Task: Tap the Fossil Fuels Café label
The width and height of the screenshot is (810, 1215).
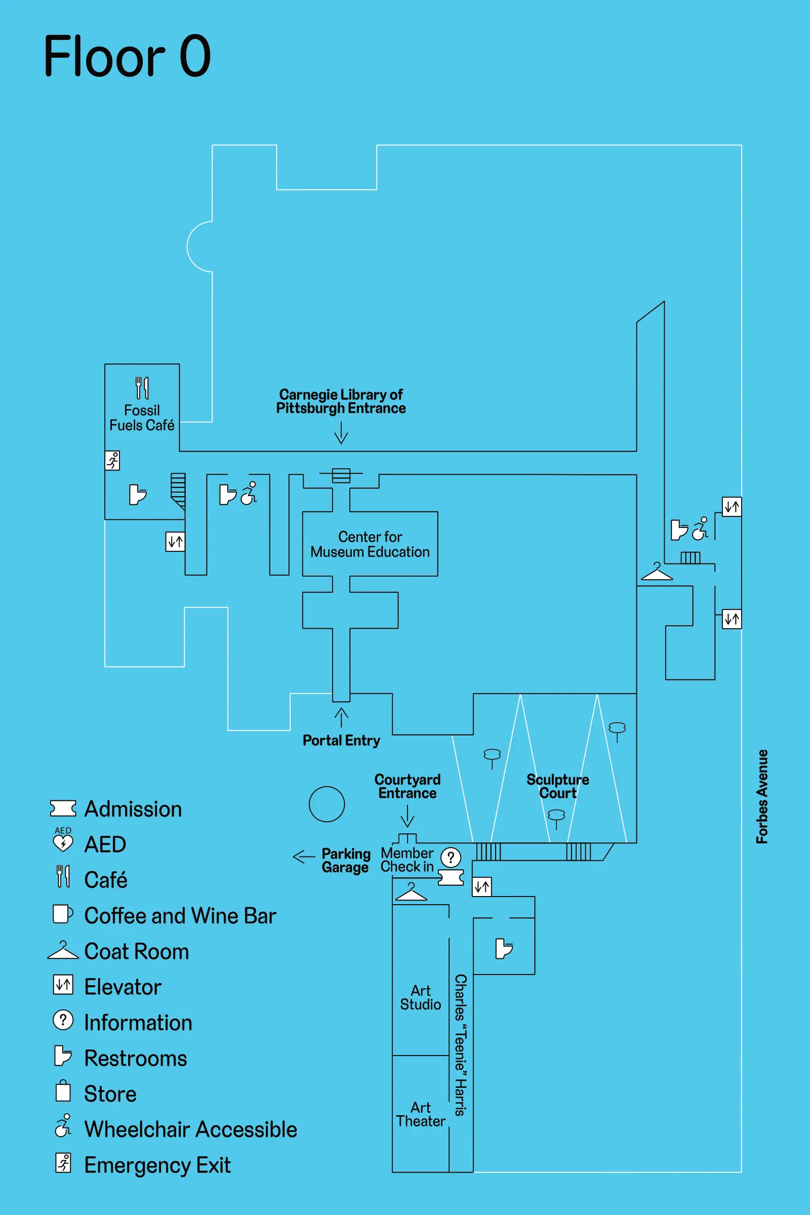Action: [142, 417]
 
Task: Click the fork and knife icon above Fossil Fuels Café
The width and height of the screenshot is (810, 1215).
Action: [142, 388]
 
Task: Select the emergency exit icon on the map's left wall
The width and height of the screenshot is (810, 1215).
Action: [112, 460]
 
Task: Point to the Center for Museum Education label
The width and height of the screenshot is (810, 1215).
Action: [370, 544]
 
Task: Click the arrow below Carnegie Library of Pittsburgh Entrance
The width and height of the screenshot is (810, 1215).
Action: [341, 432]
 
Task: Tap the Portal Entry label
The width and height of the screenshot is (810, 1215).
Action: [341, 740]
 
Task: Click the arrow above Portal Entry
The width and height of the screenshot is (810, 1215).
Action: [341, 717]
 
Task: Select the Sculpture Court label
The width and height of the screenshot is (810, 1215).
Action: [557, 786]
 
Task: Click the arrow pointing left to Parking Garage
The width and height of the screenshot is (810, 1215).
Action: [304, 857]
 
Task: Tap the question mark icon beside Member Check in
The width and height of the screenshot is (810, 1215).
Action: [451, 858]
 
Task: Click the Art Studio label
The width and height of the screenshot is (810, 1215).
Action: [421, 997]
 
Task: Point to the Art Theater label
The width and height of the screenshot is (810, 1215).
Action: [421, 1114]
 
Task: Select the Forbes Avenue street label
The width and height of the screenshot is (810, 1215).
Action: [762, 796]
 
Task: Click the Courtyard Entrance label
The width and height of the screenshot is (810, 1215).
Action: [407, 786]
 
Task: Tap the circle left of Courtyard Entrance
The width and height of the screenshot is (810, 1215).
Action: [327, 804]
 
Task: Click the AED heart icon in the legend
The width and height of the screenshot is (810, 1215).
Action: [63, 843]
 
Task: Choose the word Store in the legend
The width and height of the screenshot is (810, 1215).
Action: [110, 1093]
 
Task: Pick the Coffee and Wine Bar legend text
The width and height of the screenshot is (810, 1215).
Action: [180, 915]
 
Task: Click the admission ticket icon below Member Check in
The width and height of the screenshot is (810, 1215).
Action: [451, 878]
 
